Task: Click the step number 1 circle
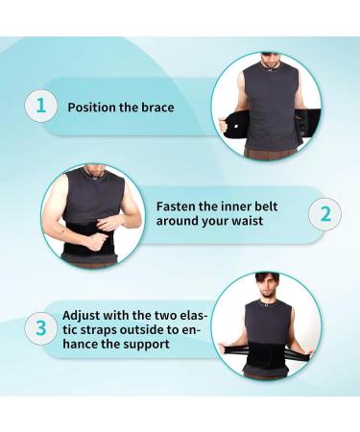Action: tap(40, 106)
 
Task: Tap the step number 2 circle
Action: tap(324, 213)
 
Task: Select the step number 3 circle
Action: tap(40, 329)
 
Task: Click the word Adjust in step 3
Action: tap(83, 314)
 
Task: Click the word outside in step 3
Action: tap(146, 329)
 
